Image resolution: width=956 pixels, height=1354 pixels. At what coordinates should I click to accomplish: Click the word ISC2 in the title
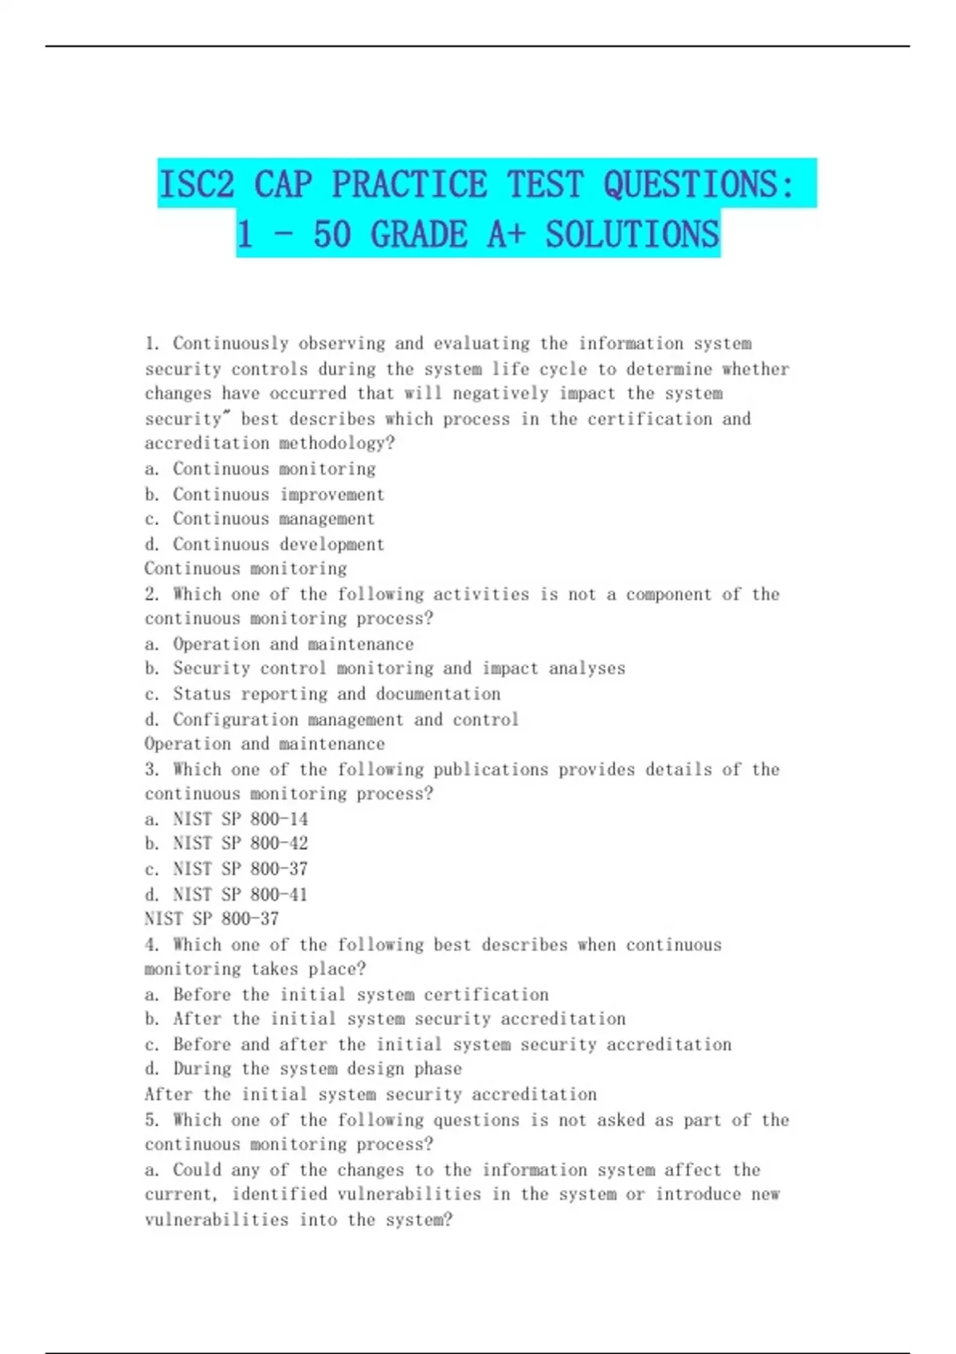(196, 185)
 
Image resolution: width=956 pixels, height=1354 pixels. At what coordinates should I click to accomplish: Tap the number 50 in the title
(331, 234)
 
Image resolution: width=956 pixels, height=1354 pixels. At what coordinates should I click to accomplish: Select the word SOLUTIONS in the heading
(632, 234)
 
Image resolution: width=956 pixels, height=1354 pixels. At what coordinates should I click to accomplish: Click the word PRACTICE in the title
(409, 185)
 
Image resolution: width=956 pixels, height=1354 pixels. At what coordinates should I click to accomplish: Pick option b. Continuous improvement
(264, 495)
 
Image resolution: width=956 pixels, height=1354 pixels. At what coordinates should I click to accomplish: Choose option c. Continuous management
(260, 519)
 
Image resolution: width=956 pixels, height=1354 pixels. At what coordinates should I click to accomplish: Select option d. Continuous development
(264, 545)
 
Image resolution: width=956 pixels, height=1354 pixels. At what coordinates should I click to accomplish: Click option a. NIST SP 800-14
(226, 819)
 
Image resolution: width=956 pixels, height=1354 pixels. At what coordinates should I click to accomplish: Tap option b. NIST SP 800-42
(226, 843)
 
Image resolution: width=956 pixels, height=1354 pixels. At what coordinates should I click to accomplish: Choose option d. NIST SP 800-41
(226, 894)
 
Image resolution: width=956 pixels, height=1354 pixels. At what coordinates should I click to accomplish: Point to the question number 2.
(152, 595)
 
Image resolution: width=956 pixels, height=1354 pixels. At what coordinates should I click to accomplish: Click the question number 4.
(152, 945)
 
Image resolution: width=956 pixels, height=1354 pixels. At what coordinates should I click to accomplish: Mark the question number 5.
(152, 1121)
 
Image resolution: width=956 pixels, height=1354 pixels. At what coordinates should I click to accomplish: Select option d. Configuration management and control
(332, 720)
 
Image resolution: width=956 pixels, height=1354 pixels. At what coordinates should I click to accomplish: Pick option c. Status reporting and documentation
(323, 695)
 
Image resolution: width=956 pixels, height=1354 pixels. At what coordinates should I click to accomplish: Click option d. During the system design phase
(304, 1069)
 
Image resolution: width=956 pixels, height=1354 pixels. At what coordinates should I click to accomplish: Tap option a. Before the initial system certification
(347, 995)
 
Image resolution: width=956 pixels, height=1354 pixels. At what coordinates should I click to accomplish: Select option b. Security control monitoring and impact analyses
(386, 669)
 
